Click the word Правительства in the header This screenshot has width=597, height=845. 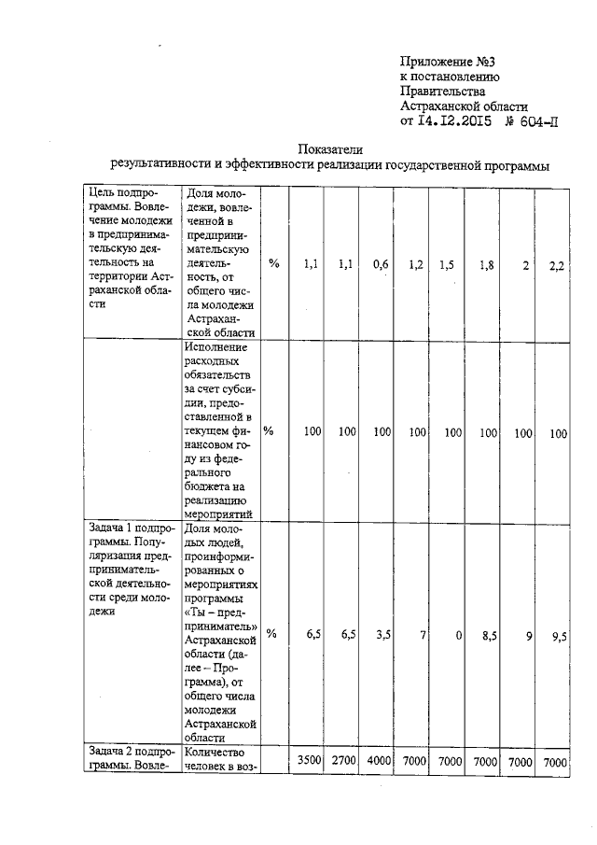(442, 92)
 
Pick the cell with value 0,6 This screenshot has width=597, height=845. (380, 265)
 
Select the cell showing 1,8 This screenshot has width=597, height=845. (486, 265)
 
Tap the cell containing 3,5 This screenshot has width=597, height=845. (380, 634)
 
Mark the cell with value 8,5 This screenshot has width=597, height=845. (486, 634)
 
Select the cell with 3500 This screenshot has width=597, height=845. (308, 762)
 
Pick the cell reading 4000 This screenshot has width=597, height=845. (379, 762)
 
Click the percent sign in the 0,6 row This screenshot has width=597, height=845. (274, 265)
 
